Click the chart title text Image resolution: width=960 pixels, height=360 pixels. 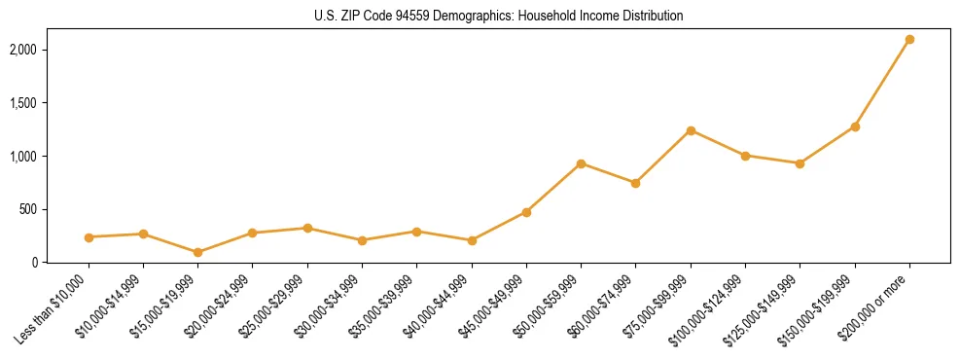coord(499,16)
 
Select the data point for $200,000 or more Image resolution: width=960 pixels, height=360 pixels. coord(909,40)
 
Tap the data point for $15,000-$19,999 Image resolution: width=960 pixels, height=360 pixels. coord(198,252)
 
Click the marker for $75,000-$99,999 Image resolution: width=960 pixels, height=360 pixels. coord(691,130)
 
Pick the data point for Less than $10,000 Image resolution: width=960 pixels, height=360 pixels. coord(89,237)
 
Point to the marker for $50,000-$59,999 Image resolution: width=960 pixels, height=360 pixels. coord(581,163)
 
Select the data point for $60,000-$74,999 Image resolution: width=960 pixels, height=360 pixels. coord(635,183)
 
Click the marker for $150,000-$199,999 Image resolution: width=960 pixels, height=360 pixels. coord(855,126)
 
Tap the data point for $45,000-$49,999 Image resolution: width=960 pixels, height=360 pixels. coord(526,212)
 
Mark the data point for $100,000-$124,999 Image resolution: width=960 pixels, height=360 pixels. coord(745,156)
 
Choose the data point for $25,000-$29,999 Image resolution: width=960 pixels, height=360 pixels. coord(307,228)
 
